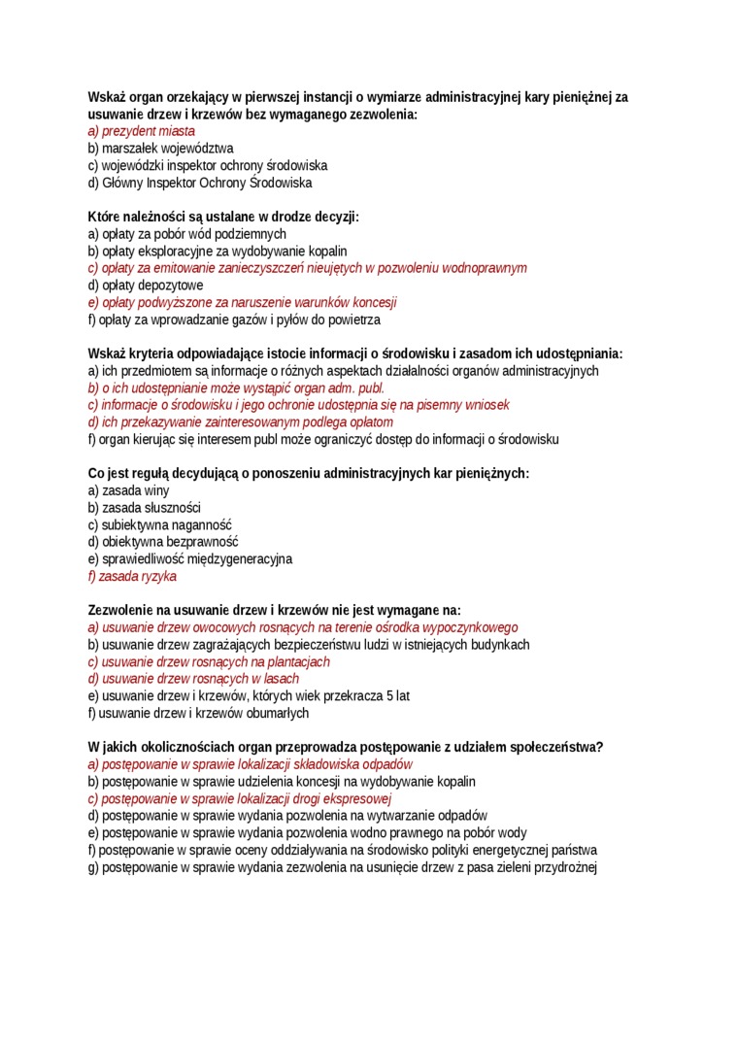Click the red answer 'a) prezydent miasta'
coord(141,131)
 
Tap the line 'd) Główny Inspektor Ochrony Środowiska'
coord(199,183)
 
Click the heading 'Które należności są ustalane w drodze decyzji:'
coord(223,217)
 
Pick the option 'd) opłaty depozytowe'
coord(146,286)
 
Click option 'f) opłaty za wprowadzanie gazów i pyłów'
coord(234,320)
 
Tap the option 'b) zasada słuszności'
coord(144,508)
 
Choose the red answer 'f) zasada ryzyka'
coord(132,576)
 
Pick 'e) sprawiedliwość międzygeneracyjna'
coord(189,559)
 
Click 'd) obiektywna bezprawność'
coord(162,542)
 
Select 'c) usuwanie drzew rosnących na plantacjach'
coord(209,661)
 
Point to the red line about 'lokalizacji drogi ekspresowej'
coord(239,798)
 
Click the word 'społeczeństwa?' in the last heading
coord(555,747)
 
